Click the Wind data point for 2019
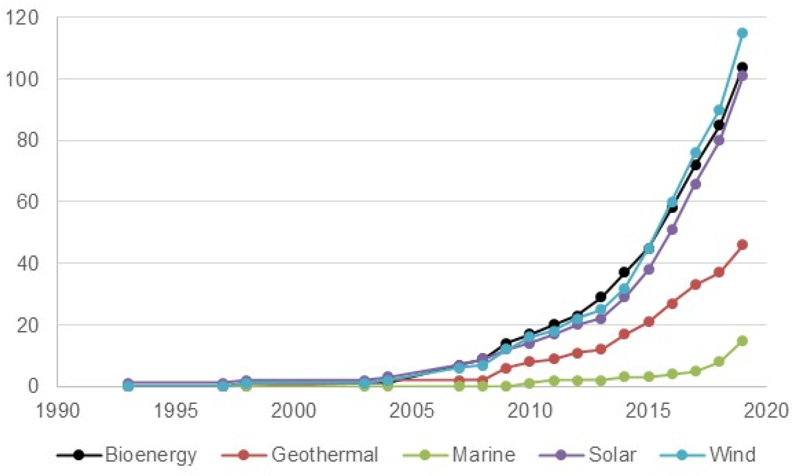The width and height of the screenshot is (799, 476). click(742, 33)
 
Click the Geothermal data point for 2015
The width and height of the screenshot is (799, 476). click(649, 321)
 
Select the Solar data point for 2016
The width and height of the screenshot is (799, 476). click(672, 230)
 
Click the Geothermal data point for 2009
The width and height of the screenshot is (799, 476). click(506, 368)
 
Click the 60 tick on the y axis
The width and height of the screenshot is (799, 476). click(27, 202)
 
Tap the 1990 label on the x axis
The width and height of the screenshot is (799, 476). click(58, 411)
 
